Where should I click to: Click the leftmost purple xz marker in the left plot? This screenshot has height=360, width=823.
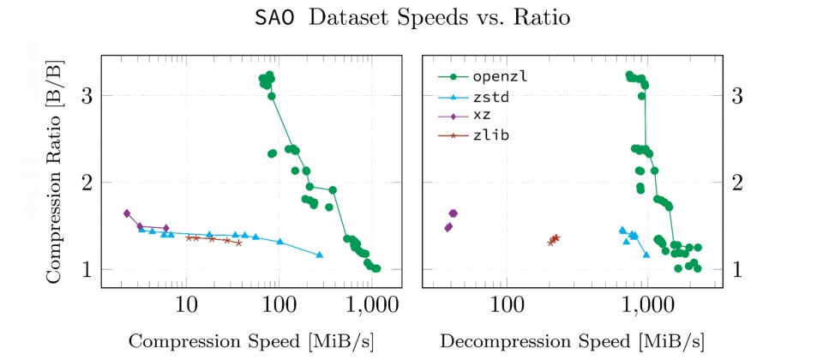(x=126, y=213)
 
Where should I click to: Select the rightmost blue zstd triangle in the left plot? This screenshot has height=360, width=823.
(x=319, y=255)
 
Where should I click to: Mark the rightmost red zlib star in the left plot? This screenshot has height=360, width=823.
(x=238, y=243)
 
